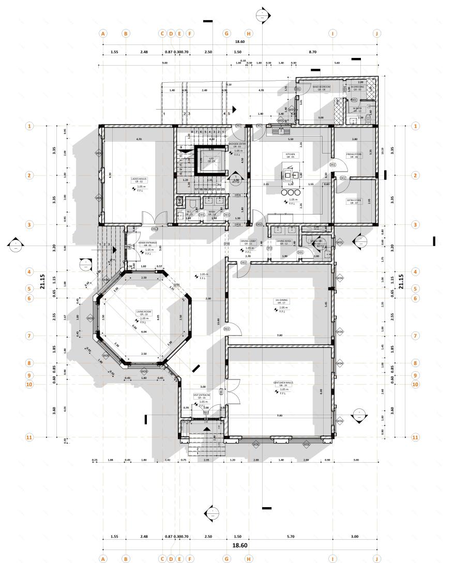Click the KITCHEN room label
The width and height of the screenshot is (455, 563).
click(290, 155)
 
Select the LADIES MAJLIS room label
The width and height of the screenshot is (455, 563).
click(140, 180)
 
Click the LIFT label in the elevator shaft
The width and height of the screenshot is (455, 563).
click(211, 160)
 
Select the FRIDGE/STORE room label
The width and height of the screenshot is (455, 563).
click(354, 156)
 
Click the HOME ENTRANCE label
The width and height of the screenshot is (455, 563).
click(148, 244)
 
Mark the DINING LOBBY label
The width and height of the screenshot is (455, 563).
click(248, 242)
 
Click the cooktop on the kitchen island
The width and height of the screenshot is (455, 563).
click(287, 173)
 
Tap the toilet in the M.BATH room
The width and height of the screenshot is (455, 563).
click(368, 118)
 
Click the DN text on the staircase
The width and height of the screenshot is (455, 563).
click(218, 185)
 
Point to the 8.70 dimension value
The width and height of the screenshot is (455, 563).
click(312, 52)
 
